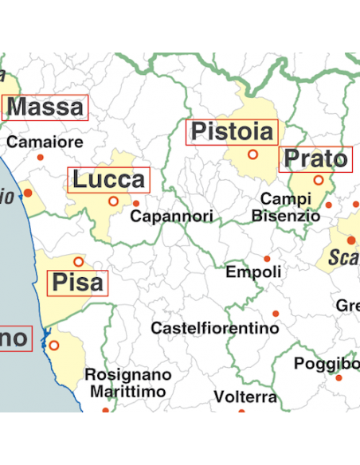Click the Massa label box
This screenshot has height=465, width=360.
click(45, 107)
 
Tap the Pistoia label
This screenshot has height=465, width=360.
click(231, 132)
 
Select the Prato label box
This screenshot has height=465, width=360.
click(315, 160)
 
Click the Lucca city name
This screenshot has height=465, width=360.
click(109, 180)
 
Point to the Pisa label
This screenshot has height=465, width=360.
click(77, 283)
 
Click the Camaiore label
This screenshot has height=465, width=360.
click(45, 143)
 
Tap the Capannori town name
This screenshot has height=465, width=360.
click(171, 216)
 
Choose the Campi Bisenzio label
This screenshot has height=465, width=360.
click(285, 207)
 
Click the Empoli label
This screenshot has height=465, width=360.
click(253, 272)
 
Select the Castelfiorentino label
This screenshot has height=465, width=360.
click(215, 328)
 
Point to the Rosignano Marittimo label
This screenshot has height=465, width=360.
click(127, 383)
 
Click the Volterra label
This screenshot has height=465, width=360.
click(245, 397)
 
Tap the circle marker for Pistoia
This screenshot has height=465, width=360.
click(253, 154)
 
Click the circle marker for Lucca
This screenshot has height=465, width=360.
click(113, 201)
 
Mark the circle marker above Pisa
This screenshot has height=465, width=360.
click(78, 261)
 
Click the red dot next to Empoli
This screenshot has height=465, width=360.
click(268, 259)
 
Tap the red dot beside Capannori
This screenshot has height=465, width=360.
click(136, 203)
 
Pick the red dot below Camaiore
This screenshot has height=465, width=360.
click(41, 157)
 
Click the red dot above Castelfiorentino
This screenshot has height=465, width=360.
click(276, 314)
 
